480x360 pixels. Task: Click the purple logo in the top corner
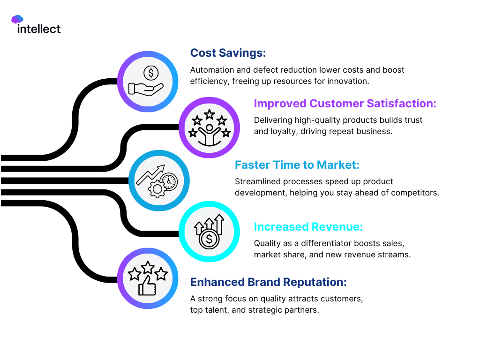(17, 19)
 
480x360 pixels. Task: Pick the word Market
(338, 165)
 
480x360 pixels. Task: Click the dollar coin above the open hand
(151, 73)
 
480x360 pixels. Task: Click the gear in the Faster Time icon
(156, 189)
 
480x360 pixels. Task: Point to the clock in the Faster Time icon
(169, 181)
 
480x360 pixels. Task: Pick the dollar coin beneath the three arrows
(209, 240)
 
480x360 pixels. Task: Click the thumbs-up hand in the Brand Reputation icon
(146, 286)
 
